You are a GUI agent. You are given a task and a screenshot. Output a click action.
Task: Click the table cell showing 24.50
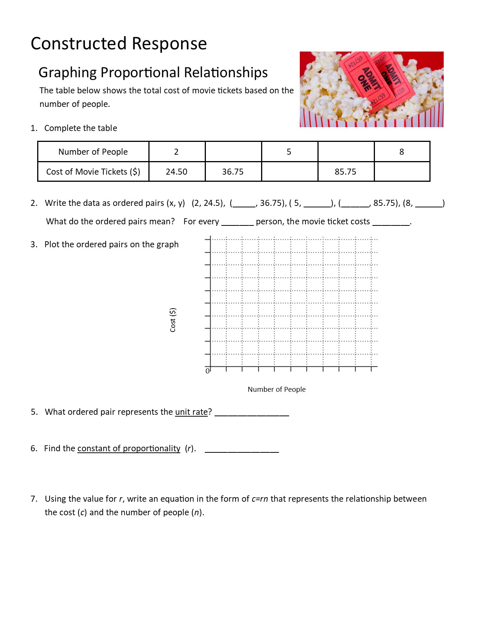177,172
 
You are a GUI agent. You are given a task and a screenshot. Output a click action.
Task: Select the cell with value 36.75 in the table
233,172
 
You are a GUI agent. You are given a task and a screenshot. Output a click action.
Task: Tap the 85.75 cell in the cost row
346,172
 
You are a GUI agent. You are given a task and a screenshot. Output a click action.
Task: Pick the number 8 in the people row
402,152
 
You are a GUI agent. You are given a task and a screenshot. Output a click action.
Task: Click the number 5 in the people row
289,152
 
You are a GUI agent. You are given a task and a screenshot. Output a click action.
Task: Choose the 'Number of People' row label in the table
93,152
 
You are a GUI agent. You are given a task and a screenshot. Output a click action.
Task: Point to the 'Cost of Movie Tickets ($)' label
93,172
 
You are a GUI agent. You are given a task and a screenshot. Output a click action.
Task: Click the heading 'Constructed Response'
119,43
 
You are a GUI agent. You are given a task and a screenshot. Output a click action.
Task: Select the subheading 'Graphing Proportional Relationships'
153,72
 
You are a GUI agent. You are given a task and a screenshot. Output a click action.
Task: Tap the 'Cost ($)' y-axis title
173,320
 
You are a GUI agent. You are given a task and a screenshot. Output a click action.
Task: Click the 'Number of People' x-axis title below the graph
277,389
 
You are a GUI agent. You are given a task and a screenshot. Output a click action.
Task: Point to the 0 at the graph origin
207,371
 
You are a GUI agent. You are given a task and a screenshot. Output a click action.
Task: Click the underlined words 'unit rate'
191,412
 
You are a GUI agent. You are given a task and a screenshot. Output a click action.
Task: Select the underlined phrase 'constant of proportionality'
128,448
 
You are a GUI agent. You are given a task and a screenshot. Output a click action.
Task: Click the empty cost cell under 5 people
289,172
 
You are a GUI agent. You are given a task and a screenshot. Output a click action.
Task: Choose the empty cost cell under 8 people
402,172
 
